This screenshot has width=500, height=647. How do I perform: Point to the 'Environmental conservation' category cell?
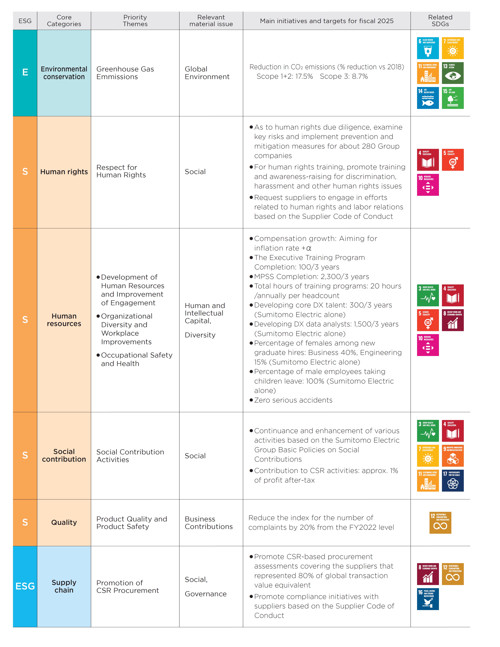[x=64, y=73]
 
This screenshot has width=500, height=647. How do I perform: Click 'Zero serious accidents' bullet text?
[x=293, y=400]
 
